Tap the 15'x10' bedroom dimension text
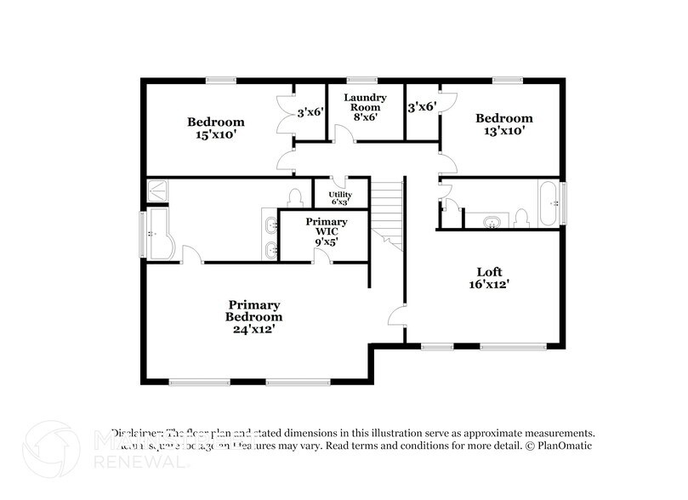[216, 134]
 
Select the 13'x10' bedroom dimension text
[504, 131]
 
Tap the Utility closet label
[339, 197]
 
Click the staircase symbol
[387, 213]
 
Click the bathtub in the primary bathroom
[160, 236]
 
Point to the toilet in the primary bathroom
[296, 197]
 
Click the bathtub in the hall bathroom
[549, 204]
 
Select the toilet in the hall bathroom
[521, 219]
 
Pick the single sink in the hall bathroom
[491, 223]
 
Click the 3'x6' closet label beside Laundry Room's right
[422, 108]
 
